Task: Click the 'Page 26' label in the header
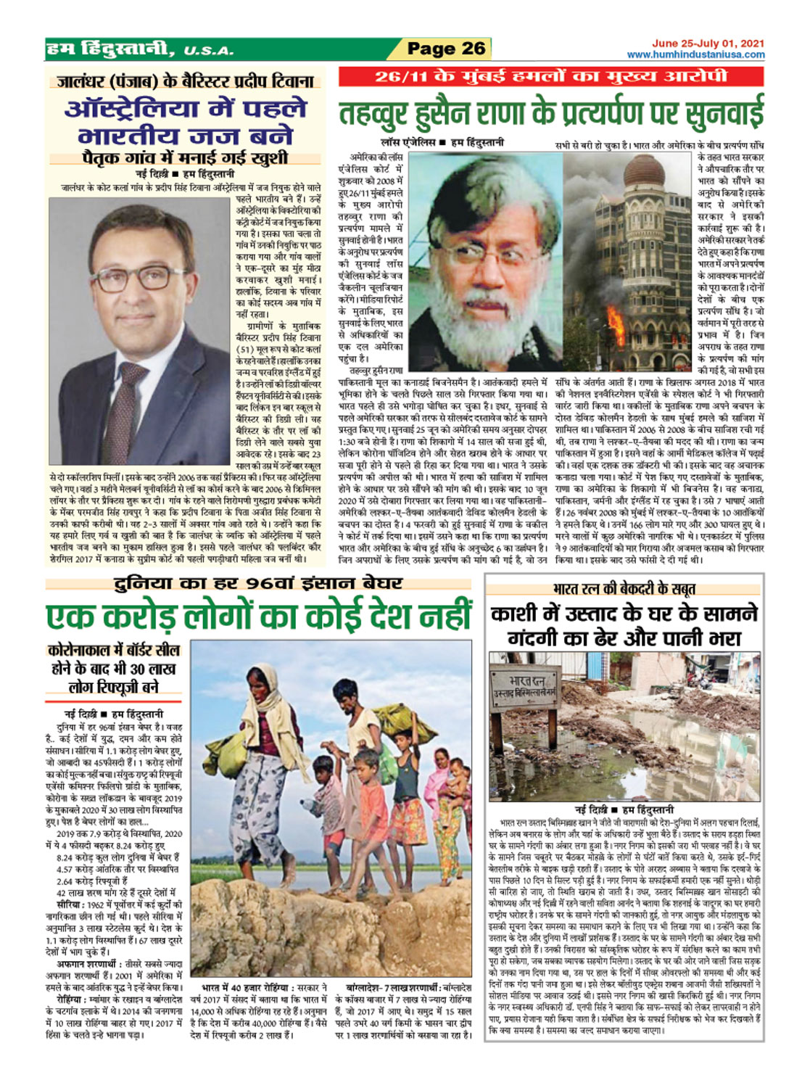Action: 445,49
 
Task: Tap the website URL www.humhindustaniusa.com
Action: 695,55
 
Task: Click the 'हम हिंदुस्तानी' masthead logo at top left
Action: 109,50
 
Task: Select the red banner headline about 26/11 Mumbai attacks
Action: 551,77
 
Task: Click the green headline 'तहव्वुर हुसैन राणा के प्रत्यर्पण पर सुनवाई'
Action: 551,114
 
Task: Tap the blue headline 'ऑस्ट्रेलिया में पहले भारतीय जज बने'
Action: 186,122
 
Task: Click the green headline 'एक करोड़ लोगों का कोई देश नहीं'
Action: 259,617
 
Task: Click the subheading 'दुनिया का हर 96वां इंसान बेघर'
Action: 257,583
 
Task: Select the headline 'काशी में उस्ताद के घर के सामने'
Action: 624,614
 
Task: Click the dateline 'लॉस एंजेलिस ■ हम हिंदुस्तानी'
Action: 442,143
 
